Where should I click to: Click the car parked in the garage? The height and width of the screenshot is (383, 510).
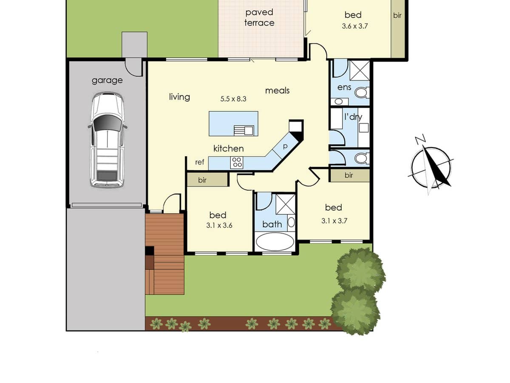tap(107, 140)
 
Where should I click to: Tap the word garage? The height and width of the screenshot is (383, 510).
tap(107, 80)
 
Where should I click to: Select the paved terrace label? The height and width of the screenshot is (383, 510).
tap(259, 17)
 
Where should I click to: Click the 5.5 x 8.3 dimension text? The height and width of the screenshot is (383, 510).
tap(233, 99)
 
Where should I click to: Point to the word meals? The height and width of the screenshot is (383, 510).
tap(277, 90)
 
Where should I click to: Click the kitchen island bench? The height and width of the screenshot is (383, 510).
tap(233, 123)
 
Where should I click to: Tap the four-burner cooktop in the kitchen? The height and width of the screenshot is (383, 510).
tap(237, 162)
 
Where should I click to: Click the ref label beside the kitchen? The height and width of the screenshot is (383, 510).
tap(200, 162)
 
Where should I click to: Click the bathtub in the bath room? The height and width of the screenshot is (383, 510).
tap(275, 243)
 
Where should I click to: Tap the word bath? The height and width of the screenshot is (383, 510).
tap(272, 224)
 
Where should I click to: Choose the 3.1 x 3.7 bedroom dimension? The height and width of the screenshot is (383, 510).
tap(334, 221)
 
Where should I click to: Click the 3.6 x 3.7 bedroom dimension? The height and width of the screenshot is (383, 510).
tap(354, 26)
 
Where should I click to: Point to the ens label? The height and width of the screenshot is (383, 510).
tap(344, 87)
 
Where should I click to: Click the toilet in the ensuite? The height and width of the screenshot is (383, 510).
tap(361, 92)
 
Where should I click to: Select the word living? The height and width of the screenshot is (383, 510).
tap(179, 97)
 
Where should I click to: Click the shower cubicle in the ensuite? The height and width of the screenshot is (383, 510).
tap(360, 70)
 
